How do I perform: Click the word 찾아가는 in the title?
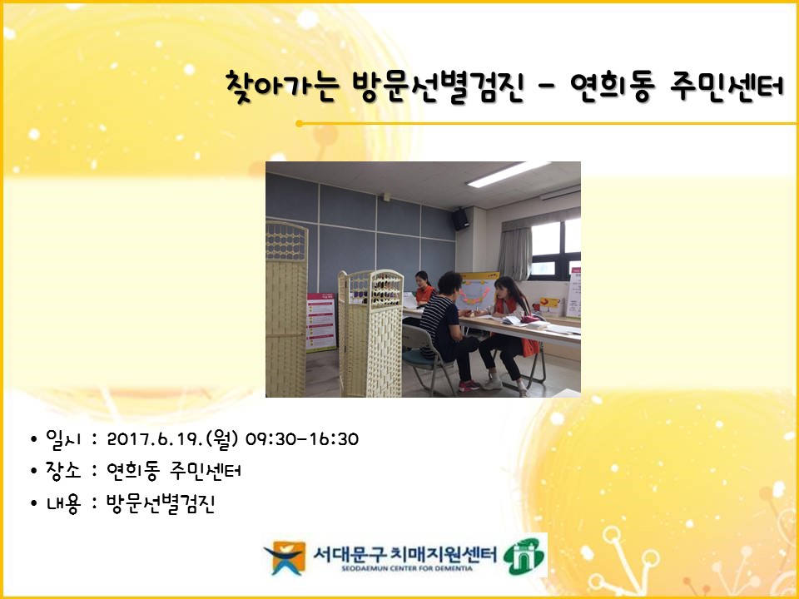(x=280, y=87)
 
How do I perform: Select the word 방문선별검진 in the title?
(x=438, y=87)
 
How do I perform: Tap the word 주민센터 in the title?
(x=726, y=87)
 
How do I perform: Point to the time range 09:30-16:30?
(x=301, y=439)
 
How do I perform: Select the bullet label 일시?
(x=63, y=439)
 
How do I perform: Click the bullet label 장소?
(x=63, y=470)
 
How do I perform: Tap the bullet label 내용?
(x=63, y=503)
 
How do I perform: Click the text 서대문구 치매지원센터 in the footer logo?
(x=404, y=552)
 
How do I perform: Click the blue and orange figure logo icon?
(x=285, y=557)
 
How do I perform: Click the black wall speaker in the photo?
(x=459, y=219)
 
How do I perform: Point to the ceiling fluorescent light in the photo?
(x=508, y=174)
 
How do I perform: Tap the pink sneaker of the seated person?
(x=469, y=385)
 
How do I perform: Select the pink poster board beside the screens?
(x=321, y=322)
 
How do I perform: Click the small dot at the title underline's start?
(x=299, y=124)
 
